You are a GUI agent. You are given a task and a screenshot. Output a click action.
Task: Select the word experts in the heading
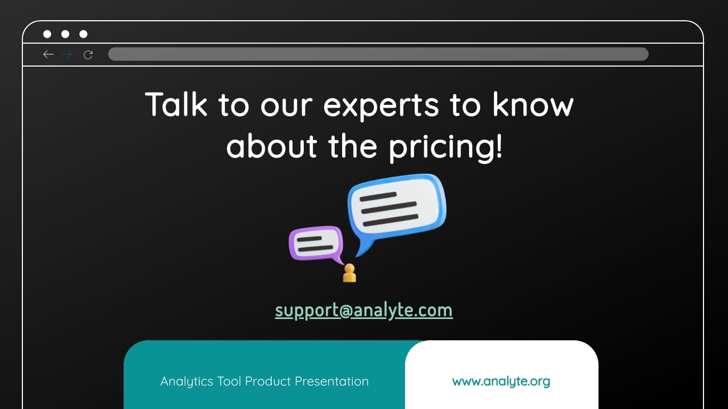point(381,105)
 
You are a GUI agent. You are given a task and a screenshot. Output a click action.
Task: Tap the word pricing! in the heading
point(446,147)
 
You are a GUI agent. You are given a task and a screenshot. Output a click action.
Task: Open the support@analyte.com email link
point(364,310)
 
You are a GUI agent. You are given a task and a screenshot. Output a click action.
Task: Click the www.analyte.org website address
point(501,381)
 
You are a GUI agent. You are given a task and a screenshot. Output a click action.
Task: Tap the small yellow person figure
point(350,273)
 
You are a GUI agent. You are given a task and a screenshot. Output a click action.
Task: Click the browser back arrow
point(48,54)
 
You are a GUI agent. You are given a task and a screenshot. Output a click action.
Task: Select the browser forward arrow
point(67,54)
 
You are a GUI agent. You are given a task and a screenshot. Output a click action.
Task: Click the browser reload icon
point(88,54)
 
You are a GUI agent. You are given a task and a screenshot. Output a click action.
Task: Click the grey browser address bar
point(378,54)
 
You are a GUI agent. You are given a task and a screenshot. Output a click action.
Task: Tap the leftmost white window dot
point(47,34)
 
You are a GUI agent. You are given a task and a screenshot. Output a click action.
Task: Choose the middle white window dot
point(65,34)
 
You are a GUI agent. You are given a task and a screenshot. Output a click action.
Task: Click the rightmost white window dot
point(83,34)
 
